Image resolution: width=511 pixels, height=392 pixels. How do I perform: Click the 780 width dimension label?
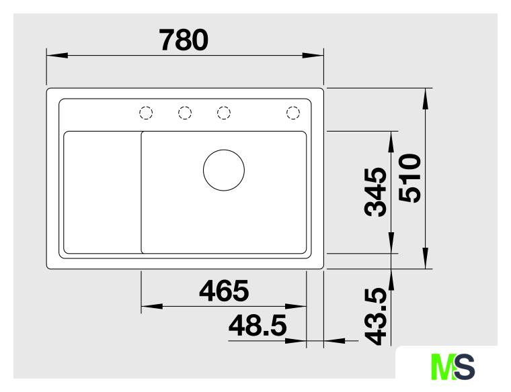click(x=183, y=40)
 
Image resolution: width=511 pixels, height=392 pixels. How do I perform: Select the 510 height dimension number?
click(x=410, y=179)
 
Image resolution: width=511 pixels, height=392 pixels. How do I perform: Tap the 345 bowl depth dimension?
click(x=375, y=192)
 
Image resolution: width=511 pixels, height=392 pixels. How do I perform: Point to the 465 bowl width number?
click(x=224, y=291)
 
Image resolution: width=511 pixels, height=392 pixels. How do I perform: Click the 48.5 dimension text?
click(x=258, y=326)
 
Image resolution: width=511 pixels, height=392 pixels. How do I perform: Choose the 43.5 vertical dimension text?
click(x=375, y=316)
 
